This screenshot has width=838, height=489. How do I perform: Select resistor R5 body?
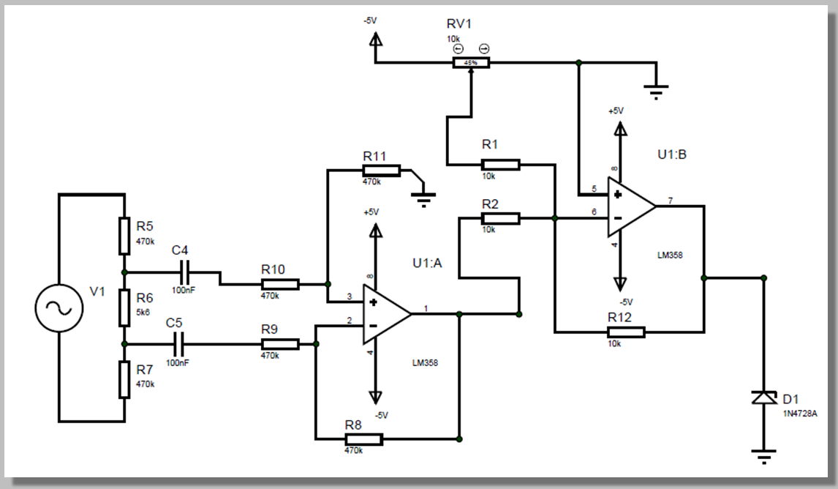[125, 234]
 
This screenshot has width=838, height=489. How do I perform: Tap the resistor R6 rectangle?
[125, 307]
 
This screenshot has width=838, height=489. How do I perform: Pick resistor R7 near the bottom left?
[125, 380]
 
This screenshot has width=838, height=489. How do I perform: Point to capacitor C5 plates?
[176, 343]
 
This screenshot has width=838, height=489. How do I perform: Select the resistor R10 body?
[279, 284]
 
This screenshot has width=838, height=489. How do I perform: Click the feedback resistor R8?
[363, 439]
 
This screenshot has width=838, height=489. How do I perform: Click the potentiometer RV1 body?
[471, 63]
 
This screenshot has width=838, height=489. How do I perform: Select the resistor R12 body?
[625, 332]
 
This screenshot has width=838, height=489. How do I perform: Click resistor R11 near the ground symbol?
[381, 171]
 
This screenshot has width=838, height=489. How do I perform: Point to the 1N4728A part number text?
[800, 414]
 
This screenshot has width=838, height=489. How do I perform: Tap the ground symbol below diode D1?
[763, 458]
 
